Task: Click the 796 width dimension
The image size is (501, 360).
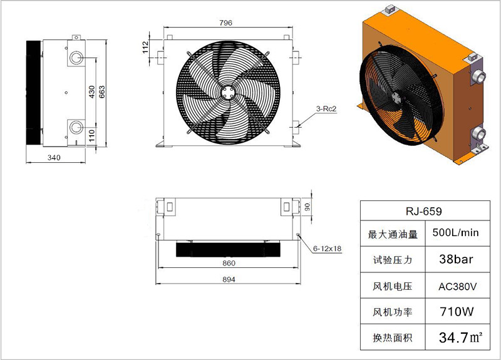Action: coord(225,23)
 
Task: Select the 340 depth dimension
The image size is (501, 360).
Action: coord(54,158)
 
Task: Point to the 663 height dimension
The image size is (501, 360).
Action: coord(102,92)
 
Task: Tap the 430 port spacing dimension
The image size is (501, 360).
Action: coord(92,92)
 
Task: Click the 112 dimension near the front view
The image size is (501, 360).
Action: coord(146,48)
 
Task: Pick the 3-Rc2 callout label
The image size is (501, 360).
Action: coord(326,109)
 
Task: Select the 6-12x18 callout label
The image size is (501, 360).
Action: coord(327,248)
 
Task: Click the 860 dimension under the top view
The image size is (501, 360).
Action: coord(229,263)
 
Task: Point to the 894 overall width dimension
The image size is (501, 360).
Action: coord(229,279)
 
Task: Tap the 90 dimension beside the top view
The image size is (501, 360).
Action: coord(307,207)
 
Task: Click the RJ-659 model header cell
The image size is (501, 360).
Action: coord(425,211)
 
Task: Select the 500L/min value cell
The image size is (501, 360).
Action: coord(458,233)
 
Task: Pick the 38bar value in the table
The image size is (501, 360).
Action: coord(456,259)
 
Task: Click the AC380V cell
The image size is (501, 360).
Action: coord(458,285)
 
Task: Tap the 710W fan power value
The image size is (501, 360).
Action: coord(457,311)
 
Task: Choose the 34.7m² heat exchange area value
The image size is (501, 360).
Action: coord(460,337)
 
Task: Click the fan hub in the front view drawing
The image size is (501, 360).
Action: coord(228,93)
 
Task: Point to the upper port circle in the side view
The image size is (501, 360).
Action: coord(76,58)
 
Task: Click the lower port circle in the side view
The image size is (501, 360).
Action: coord(76,127)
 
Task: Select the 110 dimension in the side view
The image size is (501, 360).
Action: coord(92,135)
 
